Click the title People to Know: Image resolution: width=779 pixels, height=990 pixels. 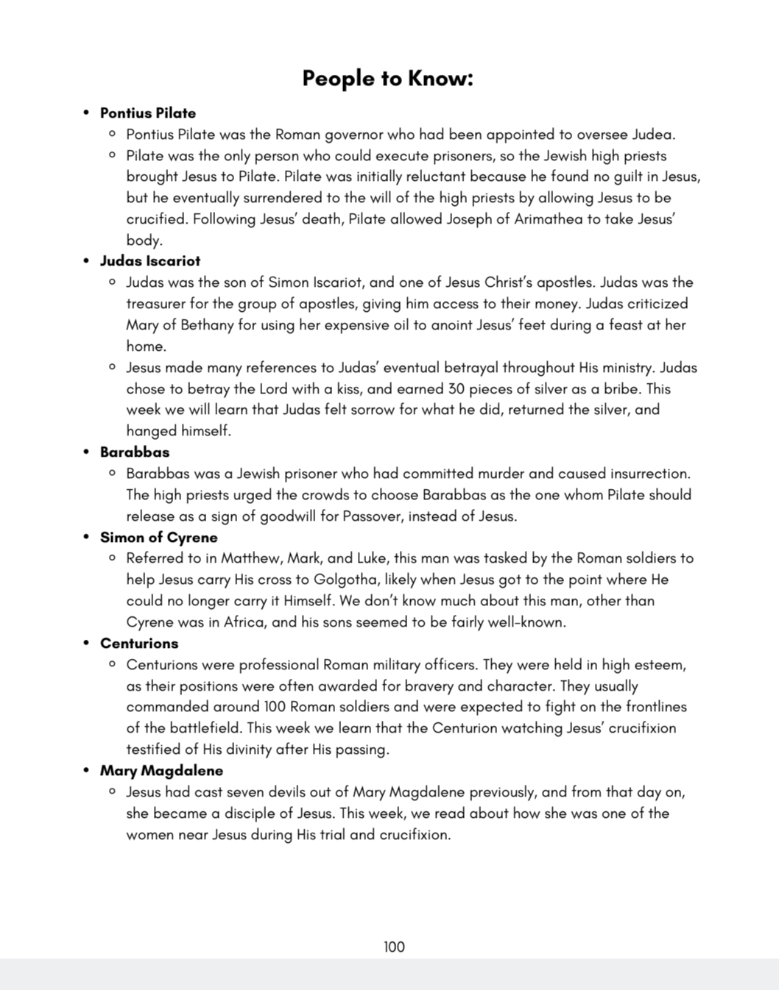387,78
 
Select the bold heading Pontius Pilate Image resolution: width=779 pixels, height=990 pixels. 148,113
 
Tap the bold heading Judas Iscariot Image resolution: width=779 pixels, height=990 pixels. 150,261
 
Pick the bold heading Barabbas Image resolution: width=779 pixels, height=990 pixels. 135,452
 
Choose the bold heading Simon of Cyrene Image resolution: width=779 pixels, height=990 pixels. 159,538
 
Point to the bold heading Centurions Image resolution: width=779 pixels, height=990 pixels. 139,644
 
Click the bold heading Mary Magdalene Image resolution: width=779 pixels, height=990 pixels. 162,771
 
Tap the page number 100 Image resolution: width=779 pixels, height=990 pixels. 394,947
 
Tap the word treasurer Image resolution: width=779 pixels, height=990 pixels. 158,304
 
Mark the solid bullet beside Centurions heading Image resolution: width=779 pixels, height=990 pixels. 86,644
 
